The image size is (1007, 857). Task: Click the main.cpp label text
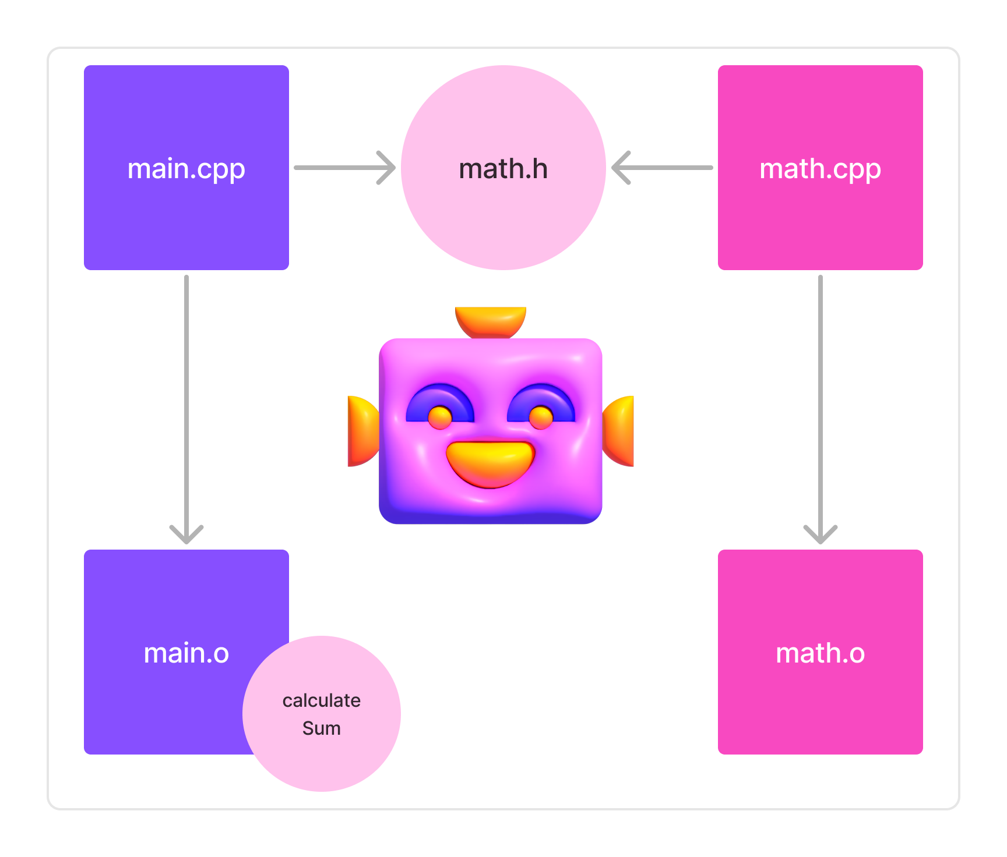(x=186, y=169)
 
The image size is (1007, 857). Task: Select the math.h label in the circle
(x=503, y=169)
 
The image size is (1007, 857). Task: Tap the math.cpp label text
(x=820, y=169)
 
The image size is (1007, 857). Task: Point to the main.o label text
(x=186, y=653)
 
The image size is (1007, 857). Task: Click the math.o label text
(x=820, y=653)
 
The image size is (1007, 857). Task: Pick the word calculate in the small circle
(x=321, y=700)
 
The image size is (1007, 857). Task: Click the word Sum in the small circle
(x=321, y=728)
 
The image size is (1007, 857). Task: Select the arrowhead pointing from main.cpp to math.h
(x=388, y=168)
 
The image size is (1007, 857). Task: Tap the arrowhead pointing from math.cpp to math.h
(x=619, y=168)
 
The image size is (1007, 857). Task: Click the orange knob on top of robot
(x=491, y=321)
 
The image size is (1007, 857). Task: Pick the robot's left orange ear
(x=361, y=431)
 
